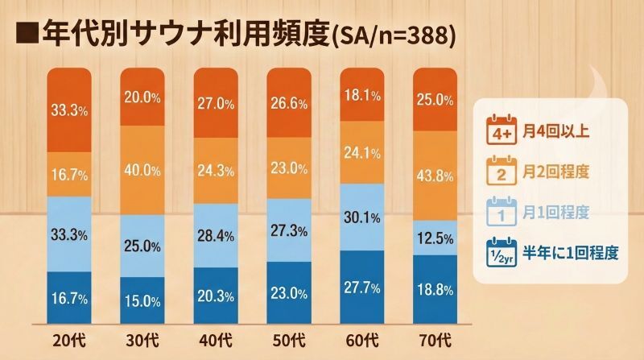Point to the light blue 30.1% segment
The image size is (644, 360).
click(362, 217)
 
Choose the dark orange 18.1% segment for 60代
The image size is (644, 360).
click(362, 95)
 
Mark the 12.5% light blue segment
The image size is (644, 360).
click(436, 238)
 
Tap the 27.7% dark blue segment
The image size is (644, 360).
click(362, 287)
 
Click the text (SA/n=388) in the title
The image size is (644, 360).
click(393, 35)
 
